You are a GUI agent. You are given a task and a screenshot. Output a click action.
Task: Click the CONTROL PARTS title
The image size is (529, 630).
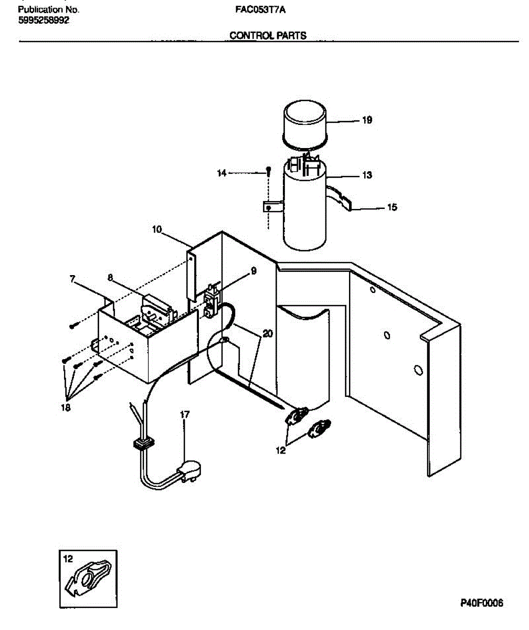(x=268, y=36)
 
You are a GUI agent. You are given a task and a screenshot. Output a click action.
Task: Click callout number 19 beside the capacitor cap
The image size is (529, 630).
(x=367, y=120)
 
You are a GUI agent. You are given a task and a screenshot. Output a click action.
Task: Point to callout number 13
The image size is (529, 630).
(x=367, y=175)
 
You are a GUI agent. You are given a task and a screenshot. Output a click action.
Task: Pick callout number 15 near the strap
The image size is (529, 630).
(x=392, y=207)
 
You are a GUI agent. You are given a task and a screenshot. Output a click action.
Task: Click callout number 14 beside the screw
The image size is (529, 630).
(x=223, y=173)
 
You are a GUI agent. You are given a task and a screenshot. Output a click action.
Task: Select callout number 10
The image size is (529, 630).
(x=157, y=229)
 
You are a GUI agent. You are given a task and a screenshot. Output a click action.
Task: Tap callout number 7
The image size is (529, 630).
(x=73, y=279)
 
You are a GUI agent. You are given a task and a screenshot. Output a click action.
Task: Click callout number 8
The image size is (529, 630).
(x=111, y=277)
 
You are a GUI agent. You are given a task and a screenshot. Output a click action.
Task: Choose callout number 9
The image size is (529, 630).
(x=253, y=271)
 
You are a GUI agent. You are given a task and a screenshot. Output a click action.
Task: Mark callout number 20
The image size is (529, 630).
(x=268, y=334)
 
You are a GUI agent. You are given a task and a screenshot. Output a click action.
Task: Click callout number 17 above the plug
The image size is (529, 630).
(x=184, y=415)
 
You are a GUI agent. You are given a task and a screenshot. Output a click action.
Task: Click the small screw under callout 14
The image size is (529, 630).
(x=269, y=170)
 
